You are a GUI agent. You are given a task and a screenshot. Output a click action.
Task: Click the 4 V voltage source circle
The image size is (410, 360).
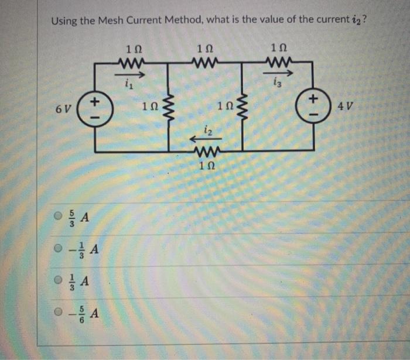(314, 104)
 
